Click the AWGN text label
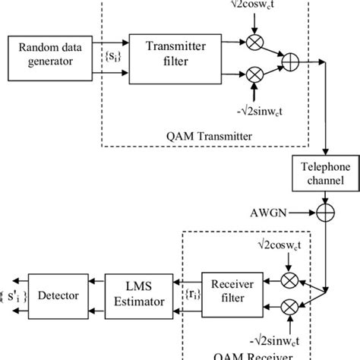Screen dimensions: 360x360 point(265,205)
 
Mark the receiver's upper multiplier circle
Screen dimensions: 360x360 point(289,279)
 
